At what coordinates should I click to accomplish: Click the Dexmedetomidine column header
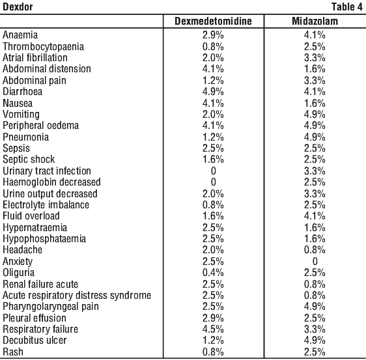point(213,21)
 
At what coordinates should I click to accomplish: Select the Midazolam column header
point(315,21)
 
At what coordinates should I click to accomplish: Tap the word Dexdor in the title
point(18,7)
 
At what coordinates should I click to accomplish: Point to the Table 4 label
point(347,7)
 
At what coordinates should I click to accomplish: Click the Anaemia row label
point(20,35)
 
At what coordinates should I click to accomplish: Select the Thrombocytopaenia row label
point(43,46)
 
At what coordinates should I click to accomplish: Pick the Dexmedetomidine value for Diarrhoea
point(213,91)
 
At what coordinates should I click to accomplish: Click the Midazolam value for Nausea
point(315,103)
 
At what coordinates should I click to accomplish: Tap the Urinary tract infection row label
point(47,171)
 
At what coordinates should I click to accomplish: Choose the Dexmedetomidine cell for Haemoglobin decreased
point(214,182)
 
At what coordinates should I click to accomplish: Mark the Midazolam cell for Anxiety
point(315,261)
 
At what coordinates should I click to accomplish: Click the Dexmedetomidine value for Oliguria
point(213,273)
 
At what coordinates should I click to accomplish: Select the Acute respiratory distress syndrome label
point(77,296)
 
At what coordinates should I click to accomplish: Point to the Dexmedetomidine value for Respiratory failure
point(213,329)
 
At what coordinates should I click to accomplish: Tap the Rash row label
point(13,352)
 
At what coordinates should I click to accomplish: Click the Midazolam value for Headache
point(315,250)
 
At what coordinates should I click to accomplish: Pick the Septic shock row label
point(29,159)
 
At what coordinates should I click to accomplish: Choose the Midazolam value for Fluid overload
point(315,216)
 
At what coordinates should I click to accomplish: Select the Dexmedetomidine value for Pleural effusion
point(213,318)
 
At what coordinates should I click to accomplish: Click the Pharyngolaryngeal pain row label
point(51,307)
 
